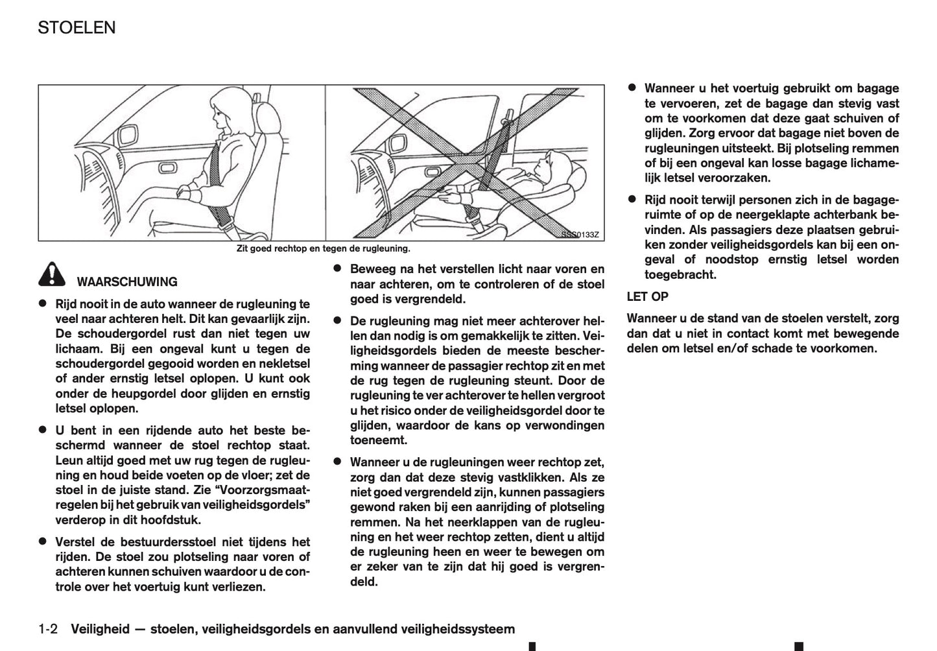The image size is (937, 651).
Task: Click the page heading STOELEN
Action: tap(77, 28)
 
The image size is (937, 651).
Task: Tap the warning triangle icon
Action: tap(51, 276)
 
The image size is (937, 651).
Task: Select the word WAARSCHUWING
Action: tap(127, 282)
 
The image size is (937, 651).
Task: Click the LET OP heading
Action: tap(647, 297)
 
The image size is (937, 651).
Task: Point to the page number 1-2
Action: tap(49, 629)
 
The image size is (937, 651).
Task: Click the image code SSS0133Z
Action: tap(580, 235)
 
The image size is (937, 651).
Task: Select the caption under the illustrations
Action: tap(323, 248)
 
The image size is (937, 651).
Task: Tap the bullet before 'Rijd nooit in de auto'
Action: tap(43, 303)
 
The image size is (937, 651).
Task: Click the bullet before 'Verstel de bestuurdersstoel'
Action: tap(43, 541)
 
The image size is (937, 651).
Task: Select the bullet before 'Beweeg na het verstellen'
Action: tap(337, 268)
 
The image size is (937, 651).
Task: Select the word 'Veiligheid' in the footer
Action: tap(99, 629)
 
